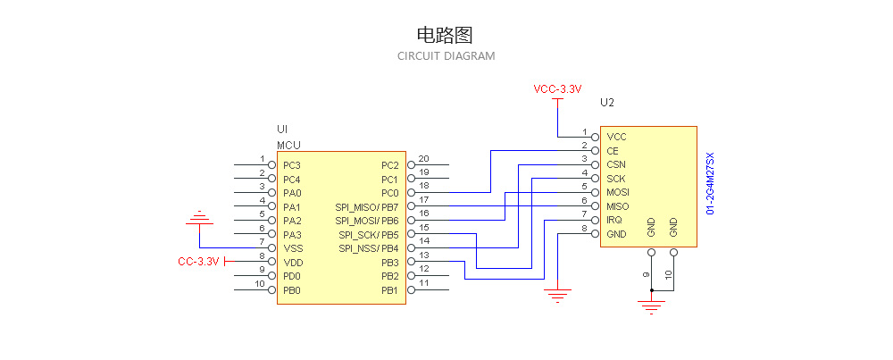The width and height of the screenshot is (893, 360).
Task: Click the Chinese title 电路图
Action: pos(444,35)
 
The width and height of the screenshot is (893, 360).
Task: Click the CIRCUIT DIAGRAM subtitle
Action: pos(446,55)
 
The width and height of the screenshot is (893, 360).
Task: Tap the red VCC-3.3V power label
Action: pos(557,89)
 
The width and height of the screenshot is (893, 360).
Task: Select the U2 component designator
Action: pos(607,103)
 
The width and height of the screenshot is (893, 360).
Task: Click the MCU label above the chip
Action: pos(288,145)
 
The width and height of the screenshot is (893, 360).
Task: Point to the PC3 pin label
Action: pos(292,165)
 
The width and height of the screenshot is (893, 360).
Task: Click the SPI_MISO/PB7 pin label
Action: pos(367,206)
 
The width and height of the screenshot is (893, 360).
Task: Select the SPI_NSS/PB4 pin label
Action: pos(368,248)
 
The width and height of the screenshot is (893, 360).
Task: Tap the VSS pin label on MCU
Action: pos(292,248)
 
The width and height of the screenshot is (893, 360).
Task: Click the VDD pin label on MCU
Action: pos(292,263)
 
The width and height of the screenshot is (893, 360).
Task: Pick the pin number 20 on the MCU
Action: pos(424,159)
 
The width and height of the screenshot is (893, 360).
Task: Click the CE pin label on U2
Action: pos(613,151)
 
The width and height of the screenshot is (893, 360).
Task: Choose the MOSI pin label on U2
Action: pos(617,192)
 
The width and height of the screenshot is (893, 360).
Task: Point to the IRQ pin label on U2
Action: pos(614,220)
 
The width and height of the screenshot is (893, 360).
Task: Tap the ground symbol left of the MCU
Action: pos(199,218)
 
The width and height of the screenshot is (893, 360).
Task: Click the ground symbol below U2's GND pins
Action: pos(652,306)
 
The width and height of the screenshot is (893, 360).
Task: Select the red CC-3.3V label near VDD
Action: pos(198,262)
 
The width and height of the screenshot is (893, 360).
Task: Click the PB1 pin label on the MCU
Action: pos(389,290)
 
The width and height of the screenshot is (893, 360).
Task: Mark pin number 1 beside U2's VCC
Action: pos(585,131)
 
